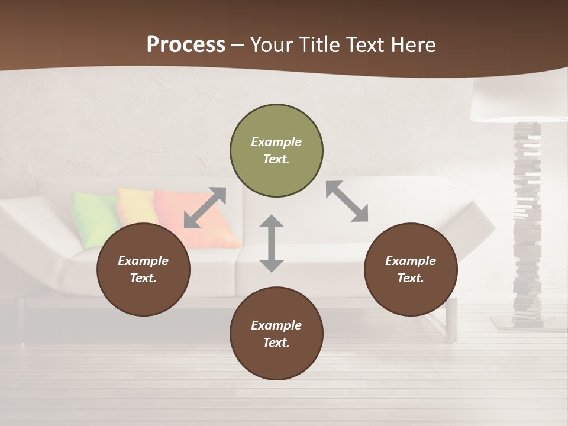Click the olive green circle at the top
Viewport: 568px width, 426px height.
pyautogui.click(x=276, y=151)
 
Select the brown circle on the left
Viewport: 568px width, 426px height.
pyautogui.click(x=143, y=270)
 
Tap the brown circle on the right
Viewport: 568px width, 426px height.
pyautogui.click(x=411, y=270)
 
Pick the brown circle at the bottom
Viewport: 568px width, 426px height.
pyautogui.click(x=276, y=334)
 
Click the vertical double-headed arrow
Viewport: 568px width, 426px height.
pyautogui.click(x=272, y=243)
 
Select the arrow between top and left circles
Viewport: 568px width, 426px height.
pyautogui.click(x=205, y=208)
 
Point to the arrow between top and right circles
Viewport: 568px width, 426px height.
pyautogui.click(x=347, y=201)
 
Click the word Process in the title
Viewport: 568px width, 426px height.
pyautogui.click(x=186, y=44)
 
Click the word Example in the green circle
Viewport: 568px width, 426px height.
pyautogui.click(x=276, y=142)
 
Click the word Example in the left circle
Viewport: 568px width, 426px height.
pyautogui.click(x=143, y=261)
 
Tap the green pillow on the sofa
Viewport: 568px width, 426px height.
pyautogui.click(x=95, y=218)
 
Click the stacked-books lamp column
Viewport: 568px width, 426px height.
pyautogui.click(x=527, y=225)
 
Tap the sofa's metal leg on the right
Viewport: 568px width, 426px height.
pyautogui.click(x=452, y=319)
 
